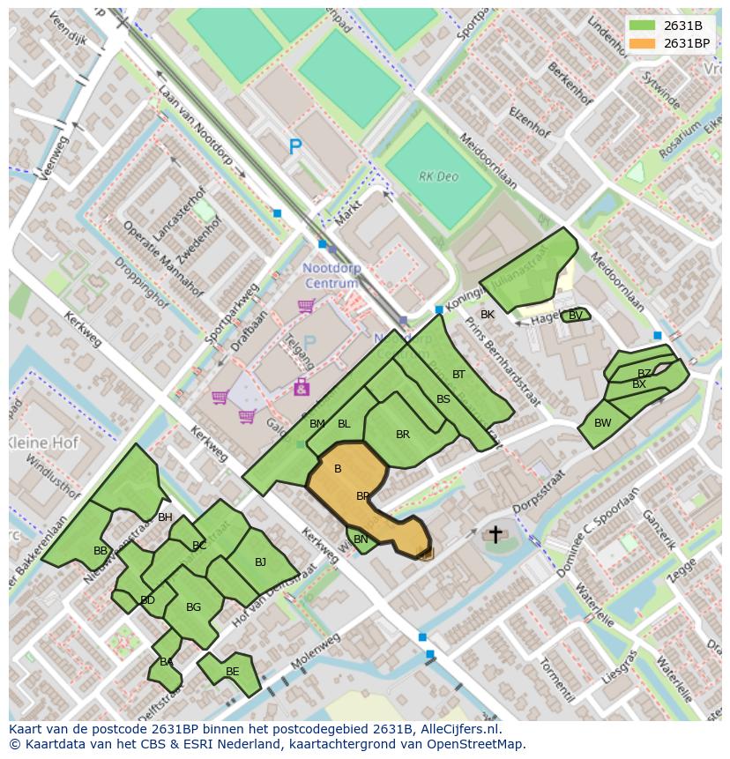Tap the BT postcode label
pyautogui.click(x=458, y=375)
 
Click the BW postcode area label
pyautogui.click(x=602, y=423)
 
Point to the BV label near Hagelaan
pyautogui.click(x=576, y=316)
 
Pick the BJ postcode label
pyautogui.click(x=260, y=562)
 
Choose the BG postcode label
pyautogui.click(x=194, y=607)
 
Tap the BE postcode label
pyautogui.click(x=232, y=672)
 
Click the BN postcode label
pyautogui.click(x=361, y=539)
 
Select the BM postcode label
pyautogui.click(x=317, y=424)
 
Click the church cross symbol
pyautogui.click(x=495, y=534)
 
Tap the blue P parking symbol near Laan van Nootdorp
pyautogui.click(x=295, y=148)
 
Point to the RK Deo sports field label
pyautogui.click(x=438, y=176)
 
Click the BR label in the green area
pyautogui.click(x=403, y=435)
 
